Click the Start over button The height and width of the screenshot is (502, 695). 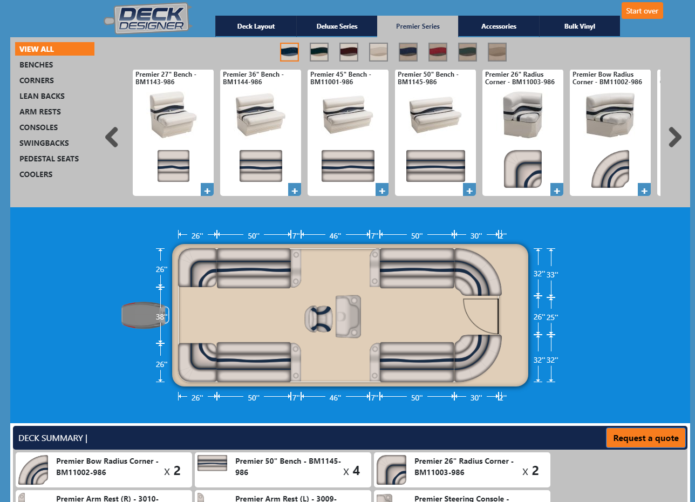click(x=642, y=11)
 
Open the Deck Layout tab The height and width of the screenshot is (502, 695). click(x=256, y=26)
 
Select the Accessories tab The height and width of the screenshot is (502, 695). click(x=499, y=26)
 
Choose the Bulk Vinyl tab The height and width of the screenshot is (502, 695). click(x=580, y=26)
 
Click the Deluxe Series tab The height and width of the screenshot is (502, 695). click(x=337, y=26)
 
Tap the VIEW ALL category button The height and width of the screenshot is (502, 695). click(x=54, y=49)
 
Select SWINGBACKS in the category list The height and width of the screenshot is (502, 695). click(x=44, y=143)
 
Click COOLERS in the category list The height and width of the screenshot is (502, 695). click(x=36, y=174)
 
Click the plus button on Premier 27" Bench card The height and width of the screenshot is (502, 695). click(x=207, y=190)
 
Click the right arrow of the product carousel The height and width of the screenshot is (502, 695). click(x=674, y=137)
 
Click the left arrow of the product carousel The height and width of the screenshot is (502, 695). click(x=112, y=137)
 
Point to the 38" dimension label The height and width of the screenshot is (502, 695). click(x=161, y=317)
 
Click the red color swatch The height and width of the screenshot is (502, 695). click(x=438, y=52)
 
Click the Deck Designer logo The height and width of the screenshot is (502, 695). click(x=151, y=18)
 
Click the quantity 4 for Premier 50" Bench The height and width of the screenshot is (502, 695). click(x=356, y=471)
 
